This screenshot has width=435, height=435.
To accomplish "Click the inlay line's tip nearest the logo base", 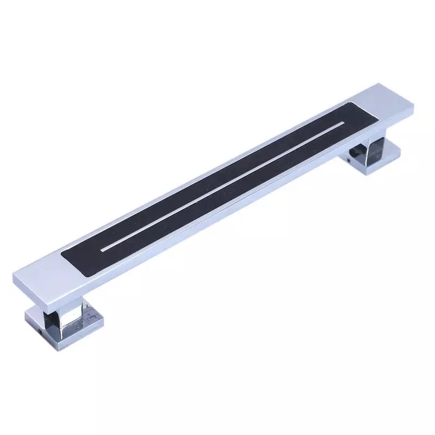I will pos(103,250).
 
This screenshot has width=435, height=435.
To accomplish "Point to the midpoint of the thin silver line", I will pos(223,187).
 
